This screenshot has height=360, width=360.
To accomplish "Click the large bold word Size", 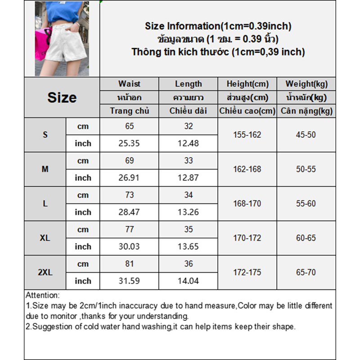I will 62,98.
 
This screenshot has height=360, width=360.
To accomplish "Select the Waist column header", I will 129,84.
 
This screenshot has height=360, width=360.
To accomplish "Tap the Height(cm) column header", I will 247,84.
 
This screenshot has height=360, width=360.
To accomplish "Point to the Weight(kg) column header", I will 306,84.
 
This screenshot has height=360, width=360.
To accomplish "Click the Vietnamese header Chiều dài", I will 188,111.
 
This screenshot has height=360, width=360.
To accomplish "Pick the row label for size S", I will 45,135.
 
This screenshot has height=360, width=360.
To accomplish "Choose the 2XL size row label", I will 45,272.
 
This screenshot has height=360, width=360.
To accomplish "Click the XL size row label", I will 45,238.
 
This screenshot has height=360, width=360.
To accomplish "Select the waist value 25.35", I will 129,144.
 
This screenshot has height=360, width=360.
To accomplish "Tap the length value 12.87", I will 188,178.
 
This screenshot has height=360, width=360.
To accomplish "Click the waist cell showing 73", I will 129,195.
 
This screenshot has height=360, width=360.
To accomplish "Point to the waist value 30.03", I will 129,247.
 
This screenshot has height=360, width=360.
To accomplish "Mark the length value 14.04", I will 188,281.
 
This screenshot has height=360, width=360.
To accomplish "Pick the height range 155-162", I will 247,135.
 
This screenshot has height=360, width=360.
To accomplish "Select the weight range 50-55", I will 306,169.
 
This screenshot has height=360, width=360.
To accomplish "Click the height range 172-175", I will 247,272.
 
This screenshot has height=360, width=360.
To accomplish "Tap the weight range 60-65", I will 306,238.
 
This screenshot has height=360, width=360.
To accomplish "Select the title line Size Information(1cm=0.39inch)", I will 218,26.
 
